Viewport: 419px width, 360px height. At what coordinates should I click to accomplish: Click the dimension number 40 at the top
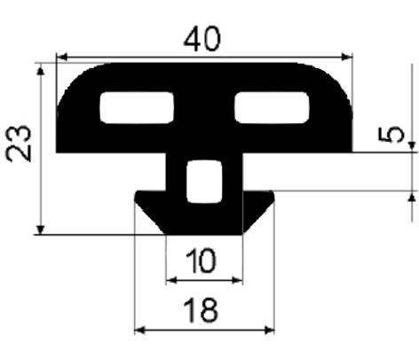202,38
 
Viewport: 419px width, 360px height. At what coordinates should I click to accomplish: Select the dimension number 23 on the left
19,144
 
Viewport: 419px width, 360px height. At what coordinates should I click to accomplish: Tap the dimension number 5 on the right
391,134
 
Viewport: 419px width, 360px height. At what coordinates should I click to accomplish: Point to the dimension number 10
201,261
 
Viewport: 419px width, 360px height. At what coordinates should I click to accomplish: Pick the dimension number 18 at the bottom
201,310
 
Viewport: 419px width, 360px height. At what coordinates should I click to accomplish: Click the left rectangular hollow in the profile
137,107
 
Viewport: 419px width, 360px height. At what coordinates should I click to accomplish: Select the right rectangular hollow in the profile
272,107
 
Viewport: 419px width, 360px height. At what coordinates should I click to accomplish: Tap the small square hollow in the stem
204,182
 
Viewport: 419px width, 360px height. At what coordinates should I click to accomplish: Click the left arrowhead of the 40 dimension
62,57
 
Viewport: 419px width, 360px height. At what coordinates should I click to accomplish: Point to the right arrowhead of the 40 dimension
347,57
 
